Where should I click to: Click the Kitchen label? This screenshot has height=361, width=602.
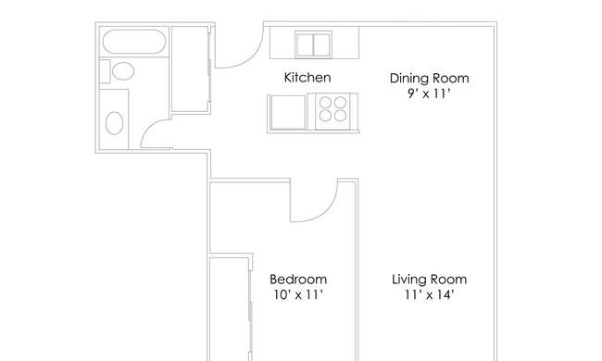[307, 78]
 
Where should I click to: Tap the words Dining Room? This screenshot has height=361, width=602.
[429, 79]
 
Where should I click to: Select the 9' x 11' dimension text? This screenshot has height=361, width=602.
[429, 93]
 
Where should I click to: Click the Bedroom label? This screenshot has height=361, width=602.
[298, 280]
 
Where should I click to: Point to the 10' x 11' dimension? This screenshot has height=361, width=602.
[298, 294]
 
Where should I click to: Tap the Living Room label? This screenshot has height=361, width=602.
[429, 280]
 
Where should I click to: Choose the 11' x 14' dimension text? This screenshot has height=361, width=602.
[429, 294]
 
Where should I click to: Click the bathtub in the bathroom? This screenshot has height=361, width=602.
[134, 42]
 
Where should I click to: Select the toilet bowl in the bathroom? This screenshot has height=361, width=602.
[123, 71]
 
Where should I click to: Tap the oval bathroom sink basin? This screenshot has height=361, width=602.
[114, 123]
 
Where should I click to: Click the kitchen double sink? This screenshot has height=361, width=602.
[313, 44]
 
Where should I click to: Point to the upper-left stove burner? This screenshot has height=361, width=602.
[325, 103]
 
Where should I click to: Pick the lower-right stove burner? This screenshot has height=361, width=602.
[340, 116]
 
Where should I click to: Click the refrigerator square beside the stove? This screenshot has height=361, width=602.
[288, 112]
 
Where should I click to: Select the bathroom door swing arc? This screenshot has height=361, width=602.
[152, 130]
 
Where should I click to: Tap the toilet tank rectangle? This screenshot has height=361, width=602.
[105, 71]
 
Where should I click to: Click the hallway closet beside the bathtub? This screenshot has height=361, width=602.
[190, 68]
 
